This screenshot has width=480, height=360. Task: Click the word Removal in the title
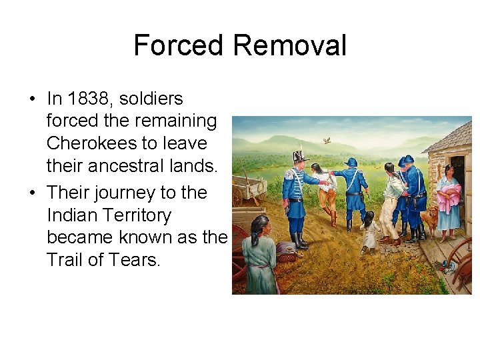point(289,45)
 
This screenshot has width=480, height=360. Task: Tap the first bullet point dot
point(31,99)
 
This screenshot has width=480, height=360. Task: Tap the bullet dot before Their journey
point(31,193)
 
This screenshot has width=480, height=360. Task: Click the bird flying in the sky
point(326,141)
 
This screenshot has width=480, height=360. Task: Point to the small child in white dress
point(369,231)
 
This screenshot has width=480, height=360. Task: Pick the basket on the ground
point(287,251)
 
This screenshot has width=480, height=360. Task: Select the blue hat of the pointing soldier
point(351,162)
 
